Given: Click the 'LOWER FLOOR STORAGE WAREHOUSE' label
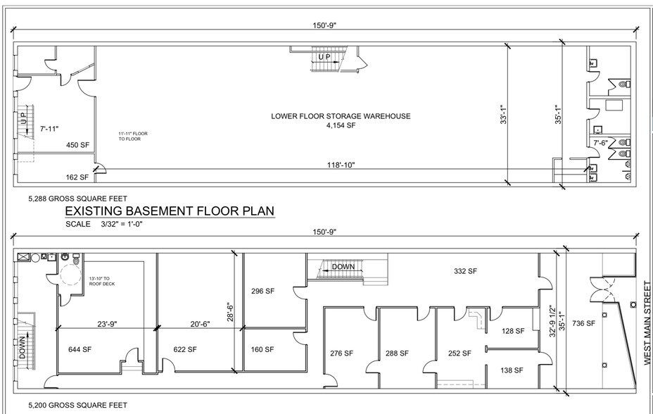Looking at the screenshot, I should (x=341, y=116).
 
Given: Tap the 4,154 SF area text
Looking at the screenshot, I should (x=341, y=126).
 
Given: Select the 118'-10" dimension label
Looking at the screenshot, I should (x=340, y=165).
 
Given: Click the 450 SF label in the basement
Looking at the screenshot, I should (x=77, y=145).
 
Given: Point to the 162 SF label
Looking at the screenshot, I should (x=77, y=177).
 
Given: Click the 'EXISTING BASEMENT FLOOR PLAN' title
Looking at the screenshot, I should (x=169, y=211).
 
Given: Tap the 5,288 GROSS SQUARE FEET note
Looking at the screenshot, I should (x=77, y=199).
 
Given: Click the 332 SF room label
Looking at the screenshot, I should (x=465, y=271).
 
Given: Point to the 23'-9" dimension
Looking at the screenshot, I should (x=107, y=325).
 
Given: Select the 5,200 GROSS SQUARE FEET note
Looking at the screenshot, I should (x=77, y=405).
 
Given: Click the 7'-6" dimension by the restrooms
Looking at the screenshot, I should (x=600, y=143).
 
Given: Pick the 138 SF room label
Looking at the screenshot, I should (x=512, y=370).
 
